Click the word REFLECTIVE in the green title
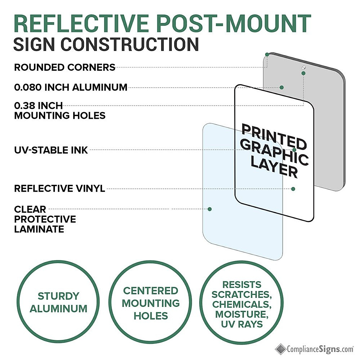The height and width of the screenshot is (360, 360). tap(81, 24)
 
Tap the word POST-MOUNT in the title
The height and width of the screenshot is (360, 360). tap(234, 24)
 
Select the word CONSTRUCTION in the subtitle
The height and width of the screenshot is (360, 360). tap(130, 44)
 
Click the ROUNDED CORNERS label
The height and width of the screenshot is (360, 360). tap(64, 67)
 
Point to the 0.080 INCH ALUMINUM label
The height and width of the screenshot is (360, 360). tap(70, 87)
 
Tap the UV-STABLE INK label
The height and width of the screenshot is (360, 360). tap(51, 150)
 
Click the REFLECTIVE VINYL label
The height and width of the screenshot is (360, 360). tap(60, 188)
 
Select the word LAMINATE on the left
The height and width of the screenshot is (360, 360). tap(39, 229)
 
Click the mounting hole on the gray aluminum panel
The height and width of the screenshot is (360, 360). tap(304, 67)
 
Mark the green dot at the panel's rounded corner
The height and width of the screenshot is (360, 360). tap(267, 55)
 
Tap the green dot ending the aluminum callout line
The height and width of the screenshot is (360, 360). tap(282, 87)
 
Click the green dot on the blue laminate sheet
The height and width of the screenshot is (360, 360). tap(210, 209)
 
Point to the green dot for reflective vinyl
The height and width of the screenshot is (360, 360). tap(293, 189)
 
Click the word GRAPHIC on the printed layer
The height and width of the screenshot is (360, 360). tap(274, 153)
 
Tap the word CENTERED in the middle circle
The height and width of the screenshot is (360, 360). tap(151, 291)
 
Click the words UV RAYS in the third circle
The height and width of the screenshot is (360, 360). tap(242, 324)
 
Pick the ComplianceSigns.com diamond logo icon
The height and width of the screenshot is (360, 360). tap(280, 349)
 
